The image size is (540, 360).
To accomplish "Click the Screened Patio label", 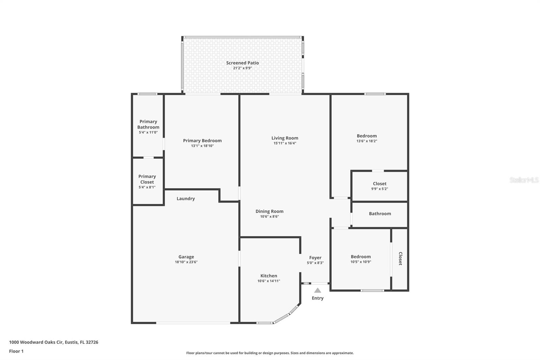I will point(242,63).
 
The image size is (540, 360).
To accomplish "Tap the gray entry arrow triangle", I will point(318,290).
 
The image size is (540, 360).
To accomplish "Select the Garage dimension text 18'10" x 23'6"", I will point(186,262).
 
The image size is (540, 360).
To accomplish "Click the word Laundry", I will point(186,199).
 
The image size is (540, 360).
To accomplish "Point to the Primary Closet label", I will point(147,179).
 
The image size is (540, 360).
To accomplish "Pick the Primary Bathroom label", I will point(148,124).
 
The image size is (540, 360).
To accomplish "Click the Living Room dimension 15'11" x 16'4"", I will point(285,143).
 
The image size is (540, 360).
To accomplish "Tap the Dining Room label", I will point(269,211).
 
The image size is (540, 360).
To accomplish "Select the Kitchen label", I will point(269,276).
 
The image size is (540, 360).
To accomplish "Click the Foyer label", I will point(315,258).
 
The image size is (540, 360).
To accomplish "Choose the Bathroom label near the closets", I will point(380,214).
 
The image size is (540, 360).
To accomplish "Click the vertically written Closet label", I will point(400,258).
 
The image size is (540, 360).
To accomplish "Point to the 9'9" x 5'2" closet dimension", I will point(379,189).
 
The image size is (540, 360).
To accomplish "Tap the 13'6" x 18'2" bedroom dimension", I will point(367,141).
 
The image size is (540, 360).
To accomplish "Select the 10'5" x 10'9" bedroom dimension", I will point(360,262).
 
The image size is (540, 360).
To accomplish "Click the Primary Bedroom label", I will point(202,141).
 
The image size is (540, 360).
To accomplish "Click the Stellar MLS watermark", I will point(524,180).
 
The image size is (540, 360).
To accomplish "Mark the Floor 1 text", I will point(16,351).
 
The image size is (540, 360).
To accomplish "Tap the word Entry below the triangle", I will point(318,298).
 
